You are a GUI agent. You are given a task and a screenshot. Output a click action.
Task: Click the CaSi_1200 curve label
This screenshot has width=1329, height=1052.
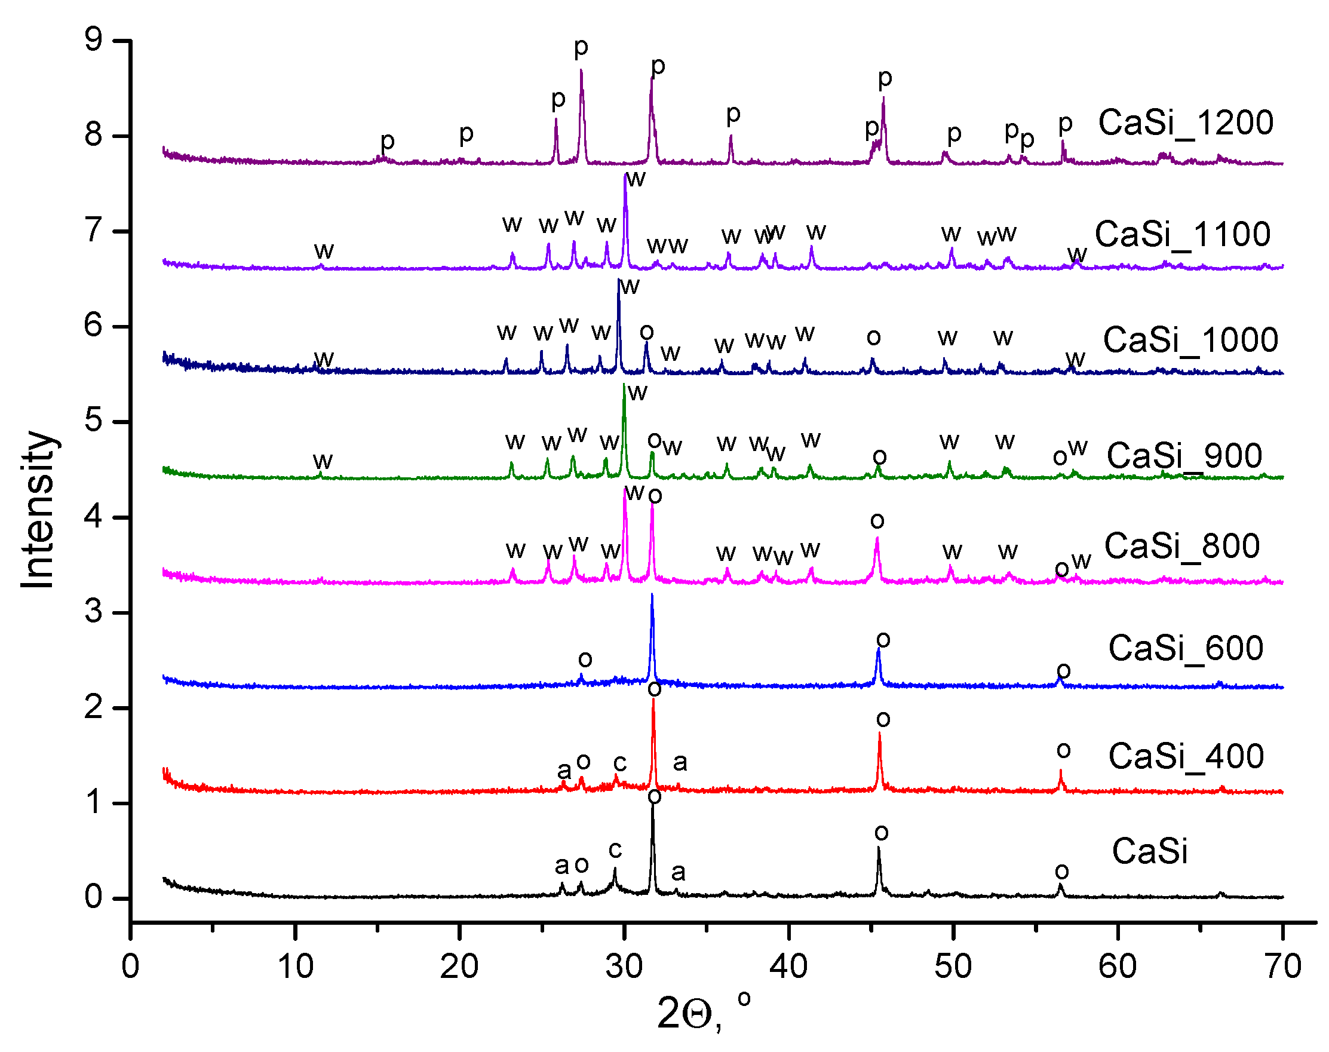point(1186,123)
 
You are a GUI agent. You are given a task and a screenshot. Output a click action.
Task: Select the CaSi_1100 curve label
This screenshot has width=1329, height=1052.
point(1183,235)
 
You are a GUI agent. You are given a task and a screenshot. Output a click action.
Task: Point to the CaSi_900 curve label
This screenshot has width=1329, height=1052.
point(1184,456)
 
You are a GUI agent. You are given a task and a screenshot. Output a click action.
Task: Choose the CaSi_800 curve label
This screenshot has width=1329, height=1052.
point(1182,547)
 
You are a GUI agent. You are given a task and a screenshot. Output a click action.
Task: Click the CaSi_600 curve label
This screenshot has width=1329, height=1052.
point(1186,649)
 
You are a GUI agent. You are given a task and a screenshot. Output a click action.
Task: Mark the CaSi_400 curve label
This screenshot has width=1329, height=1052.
point(1186,756)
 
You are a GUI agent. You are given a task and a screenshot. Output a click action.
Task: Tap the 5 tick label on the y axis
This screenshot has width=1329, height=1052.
point(94,421)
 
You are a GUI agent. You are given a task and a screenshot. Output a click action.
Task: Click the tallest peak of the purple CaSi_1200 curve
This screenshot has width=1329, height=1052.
point(581,71)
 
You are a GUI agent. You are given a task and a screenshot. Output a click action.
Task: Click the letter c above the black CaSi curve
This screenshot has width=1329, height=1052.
point(615,850)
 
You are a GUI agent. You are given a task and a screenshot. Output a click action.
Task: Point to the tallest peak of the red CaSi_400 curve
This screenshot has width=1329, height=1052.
point(653,700)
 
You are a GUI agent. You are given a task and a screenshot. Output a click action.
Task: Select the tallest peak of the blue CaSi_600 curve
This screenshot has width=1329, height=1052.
point(652,595)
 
